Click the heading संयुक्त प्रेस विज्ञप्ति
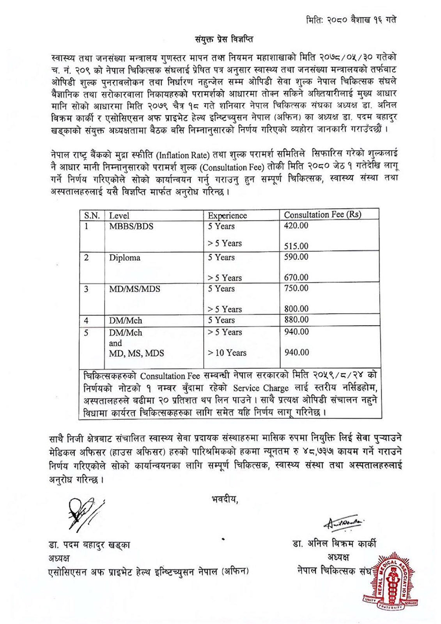[x=220, y=37]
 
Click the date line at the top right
[x=350, y=19]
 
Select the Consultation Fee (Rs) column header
[x=322, y=216]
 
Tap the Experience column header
[x=227, y=216]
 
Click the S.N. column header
[x=91, y=216]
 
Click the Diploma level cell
[x=125, y=258]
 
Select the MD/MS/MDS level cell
[x=131, y=289]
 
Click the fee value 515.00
[x=296, y=245]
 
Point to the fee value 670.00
[x=296, y=277]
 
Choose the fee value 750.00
[x=296, y=288]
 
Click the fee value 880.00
[x=296, y=320]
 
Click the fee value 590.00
[x=296, y=257]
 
